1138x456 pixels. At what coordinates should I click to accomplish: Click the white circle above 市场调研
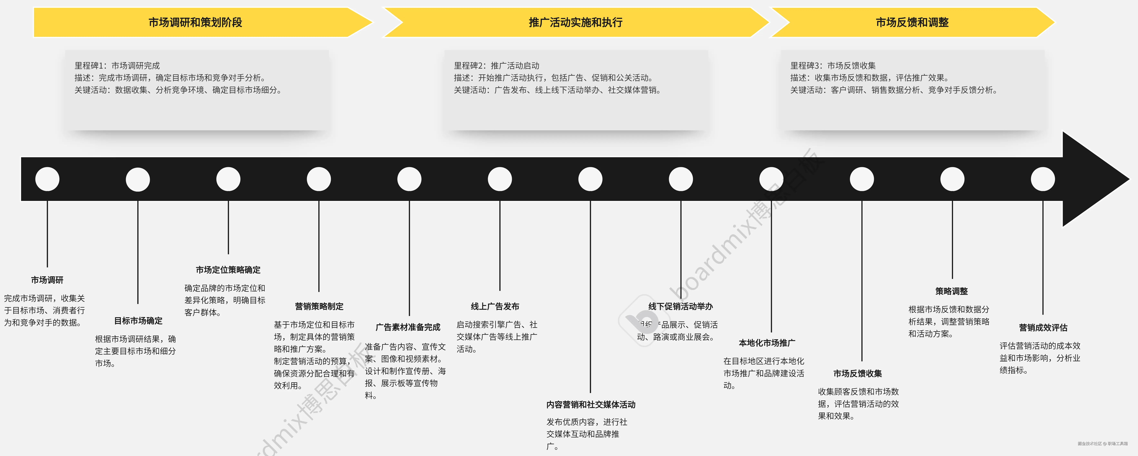47,179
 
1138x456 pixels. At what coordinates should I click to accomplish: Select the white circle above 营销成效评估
1043,179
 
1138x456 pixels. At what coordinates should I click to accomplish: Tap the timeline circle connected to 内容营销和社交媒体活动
590,179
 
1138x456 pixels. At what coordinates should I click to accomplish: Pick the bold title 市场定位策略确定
228,270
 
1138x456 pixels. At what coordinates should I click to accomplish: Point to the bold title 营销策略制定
319,306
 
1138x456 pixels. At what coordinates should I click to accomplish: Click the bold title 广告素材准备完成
408,327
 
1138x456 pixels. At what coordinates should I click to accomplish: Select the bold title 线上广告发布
495,306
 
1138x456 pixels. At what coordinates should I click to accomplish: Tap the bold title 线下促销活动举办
680,306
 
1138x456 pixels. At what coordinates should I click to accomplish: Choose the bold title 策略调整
952,291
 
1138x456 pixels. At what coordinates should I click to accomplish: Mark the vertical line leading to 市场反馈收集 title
862,283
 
